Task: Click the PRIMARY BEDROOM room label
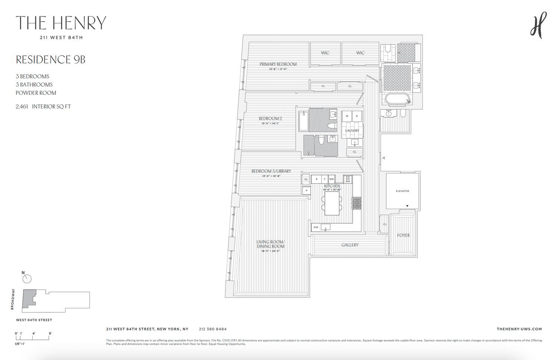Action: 278,64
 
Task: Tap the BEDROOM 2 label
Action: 270,119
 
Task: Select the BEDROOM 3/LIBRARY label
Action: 271,171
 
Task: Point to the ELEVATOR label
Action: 402,191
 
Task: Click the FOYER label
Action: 403,235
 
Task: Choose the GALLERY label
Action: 350,245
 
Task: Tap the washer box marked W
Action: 347,116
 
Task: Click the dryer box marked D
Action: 357,116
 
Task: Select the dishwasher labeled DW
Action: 316,227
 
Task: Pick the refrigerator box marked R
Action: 316,179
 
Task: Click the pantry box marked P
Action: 306,190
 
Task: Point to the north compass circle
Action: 27,279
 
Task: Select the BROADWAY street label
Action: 13,299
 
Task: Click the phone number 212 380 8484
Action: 213,329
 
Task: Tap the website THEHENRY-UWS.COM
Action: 519,329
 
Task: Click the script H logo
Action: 538,25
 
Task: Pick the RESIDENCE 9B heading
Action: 51,60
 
